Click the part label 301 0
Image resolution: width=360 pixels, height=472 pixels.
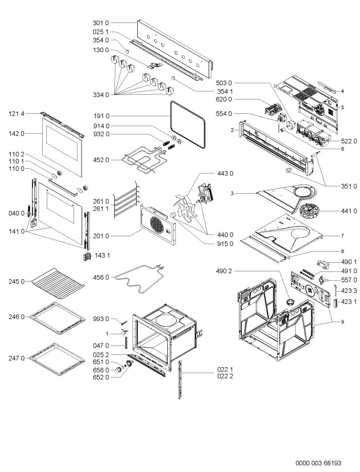(101, 23)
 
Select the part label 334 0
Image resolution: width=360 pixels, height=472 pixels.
(101, 95)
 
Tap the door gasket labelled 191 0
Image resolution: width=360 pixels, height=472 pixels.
(188, 125)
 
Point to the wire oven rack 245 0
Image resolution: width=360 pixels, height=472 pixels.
(58, 283)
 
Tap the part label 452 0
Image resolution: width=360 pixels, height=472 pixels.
(101, 160)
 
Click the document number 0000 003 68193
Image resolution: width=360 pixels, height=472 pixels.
(318, 463)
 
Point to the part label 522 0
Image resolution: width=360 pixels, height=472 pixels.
(349, 141)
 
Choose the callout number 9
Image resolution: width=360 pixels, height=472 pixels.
(342, 322)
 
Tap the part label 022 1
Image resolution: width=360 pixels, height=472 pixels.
(225, 369)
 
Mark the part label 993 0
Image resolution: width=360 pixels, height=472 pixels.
(101, 319)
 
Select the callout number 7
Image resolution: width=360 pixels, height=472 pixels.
(342, 236)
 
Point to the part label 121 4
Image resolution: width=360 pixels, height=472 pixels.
(17, 114)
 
